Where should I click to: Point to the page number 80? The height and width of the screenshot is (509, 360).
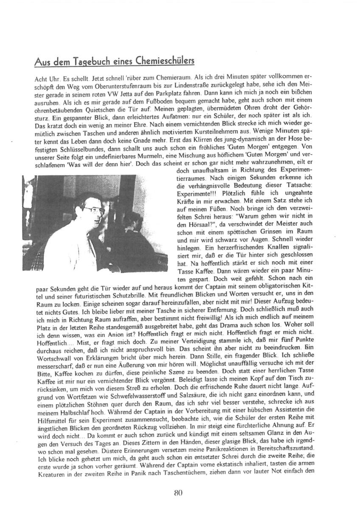[x=178, y=492]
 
